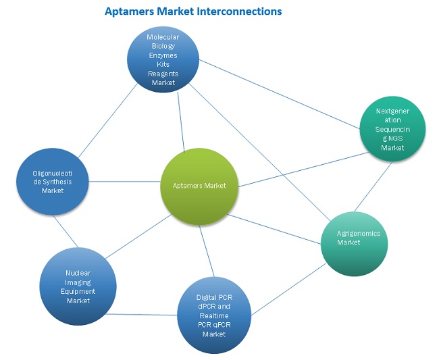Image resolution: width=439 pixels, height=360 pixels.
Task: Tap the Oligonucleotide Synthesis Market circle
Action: click(53, 182)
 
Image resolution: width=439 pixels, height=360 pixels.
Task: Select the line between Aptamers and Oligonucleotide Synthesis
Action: click(125, 181)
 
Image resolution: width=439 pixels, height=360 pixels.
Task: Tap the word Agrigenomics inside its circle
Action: click(359, 234)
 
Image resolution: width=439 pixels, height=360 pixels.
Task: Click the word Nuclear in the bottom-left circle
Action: click(78, 273)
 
